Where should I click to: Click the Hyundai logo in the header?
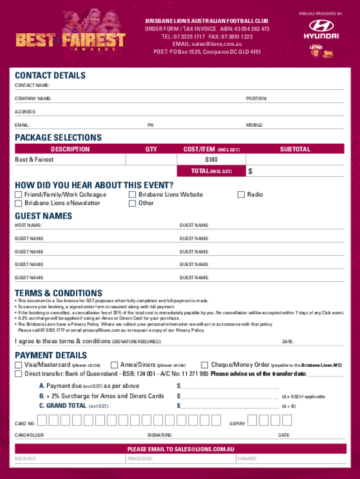[321, 29]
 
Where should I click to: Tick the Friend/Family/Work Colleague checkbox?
[19, 195]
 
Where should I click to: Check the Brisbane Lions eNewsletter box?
[19, 203]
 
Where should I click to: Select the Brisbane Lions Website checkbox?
[132, 195]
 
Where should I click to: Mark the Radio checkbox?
[241, 195]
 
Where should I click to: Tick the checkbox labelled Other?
[132, 203]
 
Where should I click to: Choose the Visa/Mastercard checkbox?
[19, 365]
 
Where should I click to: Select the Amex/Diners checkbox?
[114, 365]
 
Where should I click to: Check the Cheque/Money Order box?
[204, 365]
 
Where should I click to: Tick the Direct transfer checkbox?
[19, 374]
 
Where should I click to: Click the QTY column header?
[151, 149]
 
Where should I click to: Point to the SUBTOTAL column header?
[295, 149]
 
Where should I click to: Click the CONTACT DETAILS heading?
[50, 75]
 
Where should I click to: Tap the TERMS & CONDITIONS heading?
[58, 293]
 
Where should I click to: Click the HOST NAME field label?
[28, 225]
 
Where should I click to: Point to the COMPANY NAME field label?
[33, 99]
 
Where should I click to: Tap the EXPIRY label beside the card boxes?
[238, 424]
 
